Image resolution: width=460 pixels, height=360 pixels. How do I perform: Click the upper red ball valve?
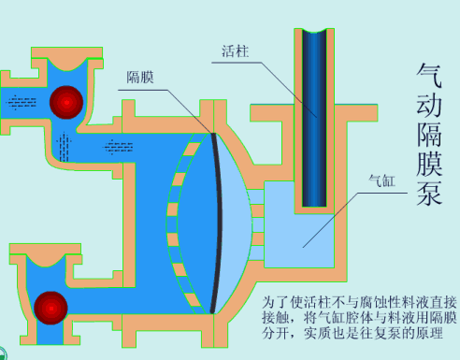pyautogui.click(x=67, y=102)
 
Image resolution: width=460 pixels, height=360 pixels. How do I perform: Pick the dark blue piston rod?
pyautogui.click(x=313, y=112)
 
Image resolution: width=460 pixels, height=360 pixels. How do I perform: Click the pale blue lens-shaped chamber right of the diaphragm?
pyautogui.click(x=238, y=220)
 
